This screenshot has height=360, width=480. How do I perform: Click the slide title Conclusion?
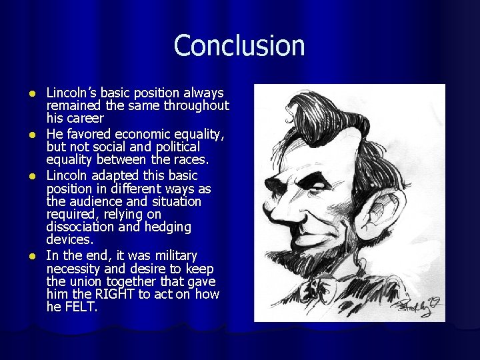pyautogui.click(x=239, y=46)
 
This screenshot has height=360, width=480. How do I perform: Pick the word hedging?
pyautogui.click(x=167, y=227)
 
